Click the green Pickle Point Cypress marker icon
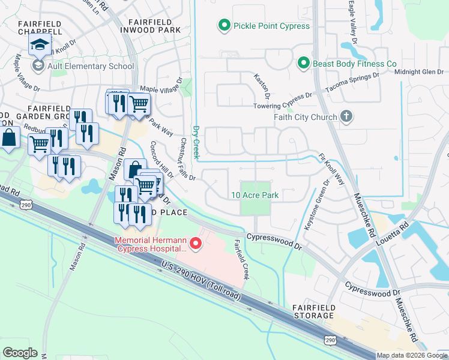click(x=224, y=26)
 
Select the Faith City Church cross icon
click(x=346, y=117)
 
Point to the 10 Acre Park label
click(x=255, y=195)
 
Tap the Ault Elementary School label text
click(x=91, y=67)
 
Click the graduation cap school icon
click(x=40, y=44)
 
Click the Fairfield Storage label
click(x=313, y=311)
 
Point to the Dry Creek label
click(x=195, y=142)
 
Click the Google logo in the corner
click(x=20, y=353)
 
